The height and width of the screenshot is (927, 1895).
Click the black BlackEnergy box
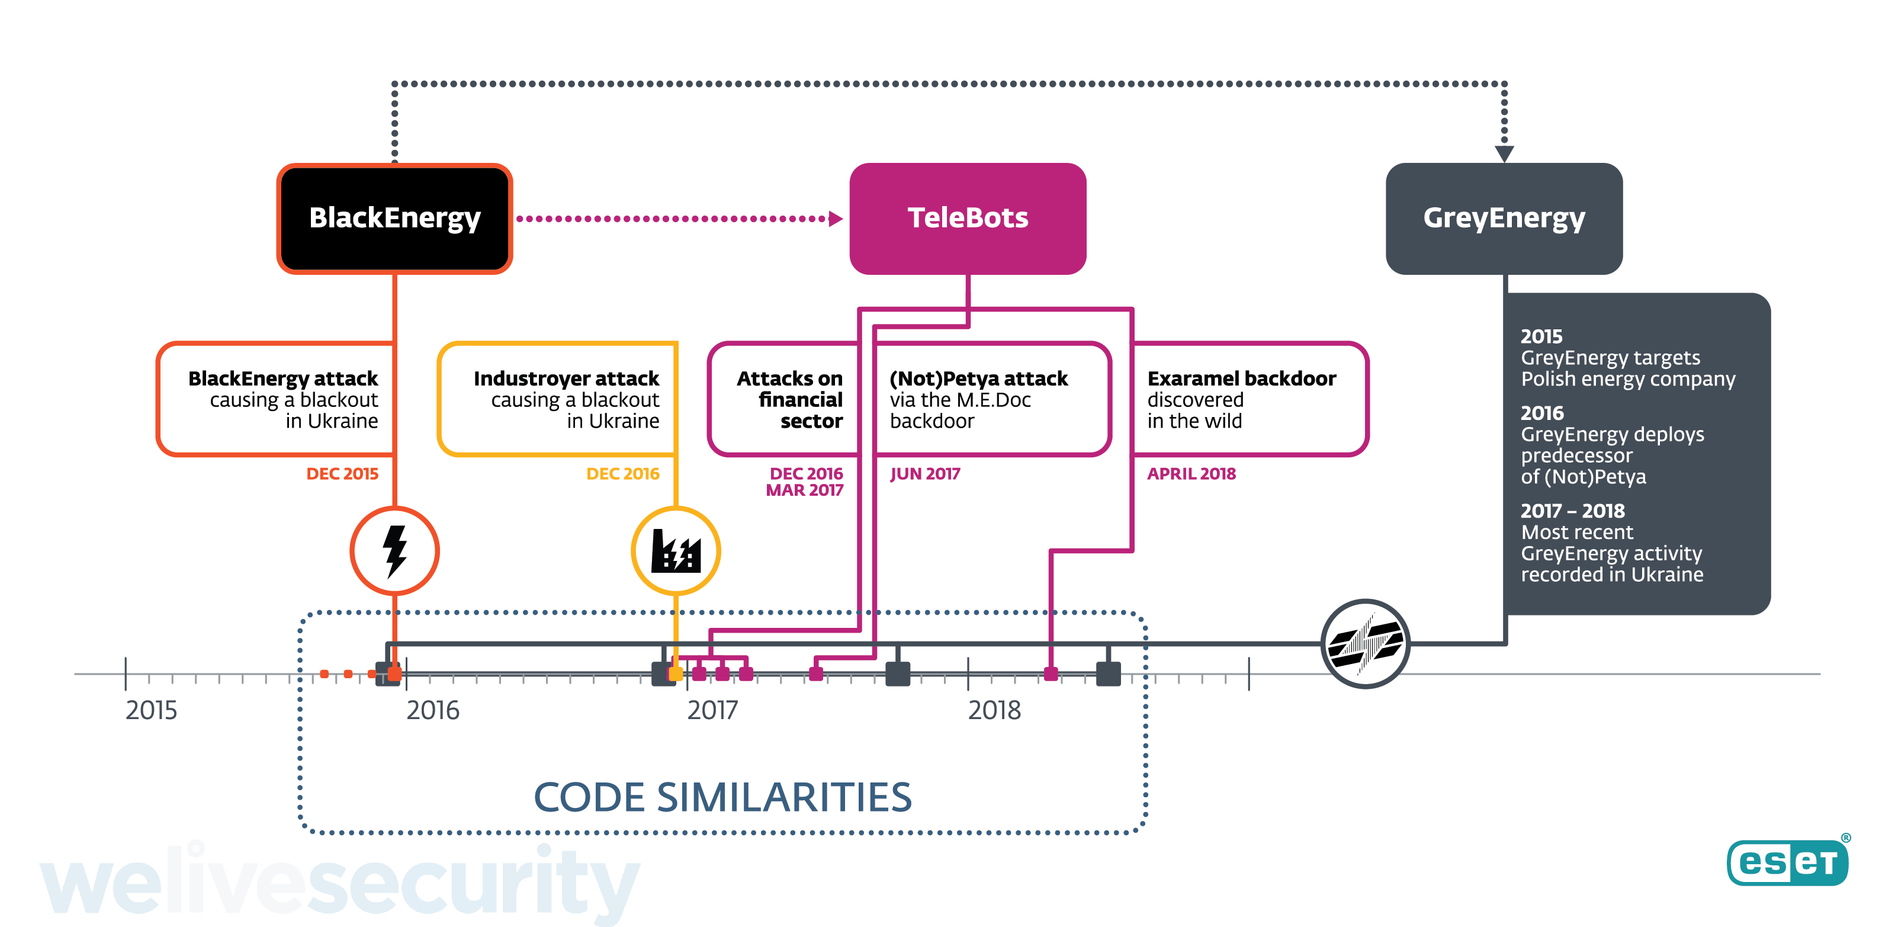pyautogui.click(x=394, y=219)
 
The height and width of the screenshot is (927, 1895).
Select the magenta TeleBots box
pyautogui.click(x=968, y=219)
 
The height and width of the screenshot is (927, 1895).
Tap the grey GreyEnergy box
pyautogui.click(x=1504, y=219)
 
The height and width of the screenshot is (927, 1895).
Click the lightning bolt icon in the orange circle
pyautogui.click(x=395, y=550)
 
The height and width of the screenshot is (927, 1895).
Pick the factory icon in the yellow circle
pyautogui.click(x=675, y=550)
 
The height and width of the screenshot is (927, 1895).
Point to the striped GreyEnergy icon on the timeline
pyautogui.click(x=1366, y=644)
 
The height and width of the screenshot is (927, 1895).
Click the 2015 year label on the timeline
pyautogui.click(x=152, y=710)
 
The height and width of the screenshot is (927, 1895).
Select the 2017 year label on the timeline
pyautogui.click(x=712, y=710)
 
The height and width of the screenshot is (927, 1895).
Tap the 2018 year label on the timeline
pyautogui.click(x=994, y=710)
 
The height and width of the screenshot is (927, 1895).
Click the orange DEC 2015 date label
pyautogui.click(x=342, y=474)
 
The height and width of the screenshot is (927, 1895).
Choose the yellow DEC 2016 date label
pyautogui.click(x=622, y=474)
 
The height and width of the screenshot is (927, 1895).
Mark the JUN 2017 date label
pyautogui.click(x=924, y=474)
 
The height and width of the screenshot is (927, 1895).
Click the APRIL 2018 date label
pyautogui.click(x=1191, y=474)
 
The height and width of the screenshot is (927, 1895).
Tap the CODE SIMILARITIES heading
pyautogui.click(x=722, y=797)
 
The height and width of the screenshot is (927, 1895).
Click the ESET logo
pyautogui.click(x=1788, y=862)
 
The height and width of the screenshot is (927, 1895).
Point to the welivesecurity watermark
pyautogui.click(x=338, y=883)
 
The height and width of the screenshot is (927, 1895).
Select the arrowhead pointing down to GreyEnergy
pyautogui.click(x=1504, y=153)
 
